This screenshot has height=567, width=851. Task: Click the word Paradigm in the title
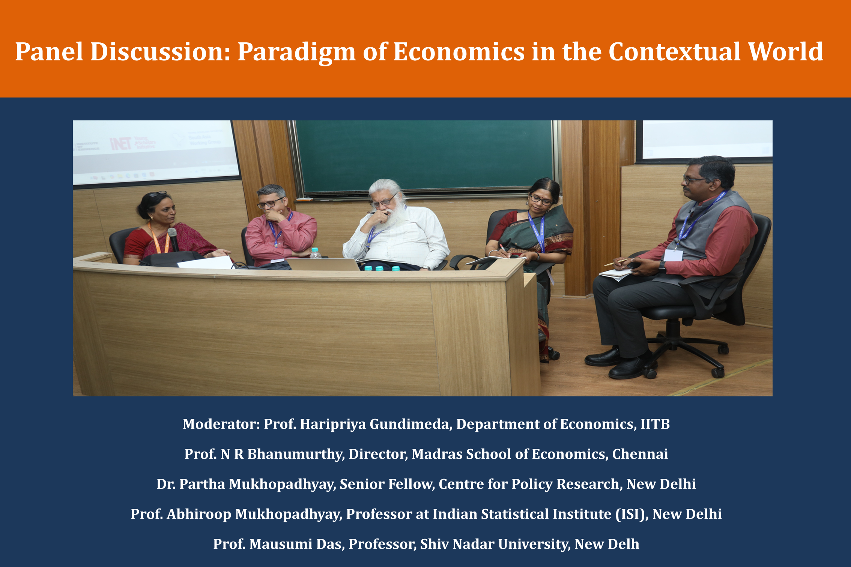point(296,52)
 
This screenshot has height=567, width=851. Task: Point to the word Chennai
point(640,454)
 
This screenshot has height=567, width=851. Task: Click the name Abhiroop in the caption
point(199,514)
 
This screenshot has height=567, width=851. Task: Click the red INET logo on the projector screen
point(121,144)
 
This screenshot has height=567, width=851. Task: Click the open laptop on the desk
point(323,264)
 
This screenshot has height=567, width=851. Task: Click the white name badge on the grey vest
point(673,255)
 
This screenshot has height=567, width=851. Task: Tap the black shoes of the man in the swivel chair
point(619,362)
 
